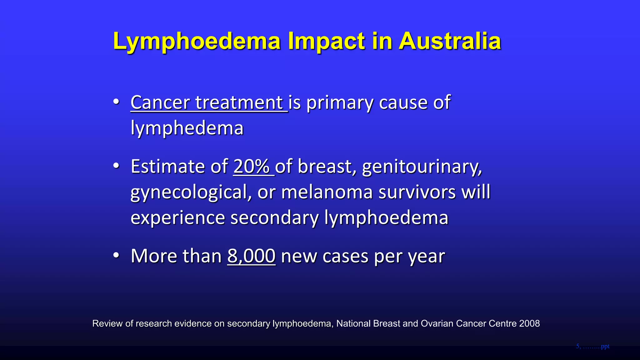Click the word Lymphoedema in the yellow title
point(197,41)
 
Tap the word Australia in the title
point(450,41)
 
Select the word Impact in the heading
point(326,41)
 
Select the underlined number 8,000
point(251,256)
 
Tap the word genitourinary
point(422,167)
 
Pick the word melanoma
point(327,192)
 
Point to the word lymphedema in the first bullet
point(187,128)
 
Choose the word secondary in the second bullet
point(274,217)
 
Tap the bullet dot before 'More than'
point(116,256)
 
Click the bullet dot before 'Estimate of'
point(116,166)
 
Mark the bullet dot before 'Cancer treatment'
point(116,102)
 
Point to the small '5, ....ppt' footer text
point(592,346)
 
